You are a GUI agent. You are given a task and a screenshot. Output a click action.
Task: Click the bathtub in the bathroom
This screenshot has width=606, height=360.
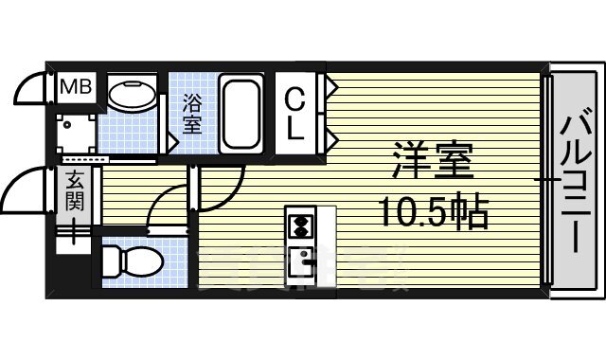coord(242,113)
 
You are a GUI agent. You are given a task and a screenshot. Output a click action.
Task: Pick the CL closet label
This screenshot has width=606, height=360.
coord(297,113)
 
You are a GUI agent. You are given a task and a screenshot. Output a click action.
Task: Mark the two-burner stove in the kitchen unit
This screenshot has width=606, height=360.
coord(300,226)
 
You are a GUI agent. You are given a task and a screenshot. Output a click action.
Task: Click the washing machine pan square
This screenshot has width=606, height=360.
coord(74,133)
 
